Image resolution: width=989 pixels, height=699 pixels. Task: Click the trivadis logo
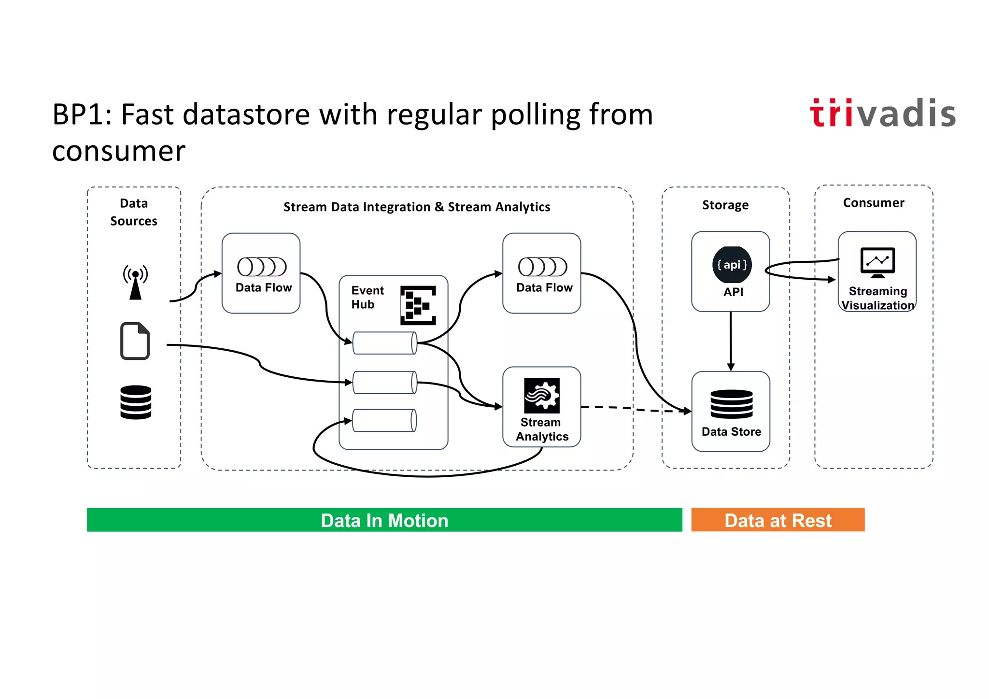coord(882,114)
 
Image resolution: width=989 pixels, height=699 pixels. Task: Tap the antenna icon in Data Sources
coord(135,282)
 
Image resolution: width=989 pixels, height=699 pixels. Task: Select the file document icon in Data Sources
coord(135,341)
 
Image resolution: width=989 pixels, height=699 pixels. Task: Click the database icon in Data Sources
coord(136,402)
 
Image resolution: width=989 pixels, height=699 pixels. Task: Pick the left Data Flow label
coord(264,287)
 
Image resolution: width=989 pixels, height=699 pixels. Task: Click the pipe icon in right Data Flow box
coord(542,266)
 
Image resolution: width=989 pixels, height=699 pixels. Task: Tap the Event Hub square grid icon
coord(418,305)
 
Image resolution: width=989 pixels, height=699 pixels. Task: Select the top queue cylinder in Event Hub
coord(385,343)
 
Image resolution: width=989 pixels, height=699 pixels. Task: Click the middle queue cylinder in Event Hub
coord(385,382)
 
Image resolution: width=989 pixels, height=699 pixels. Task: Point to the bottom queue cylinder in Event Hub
coord(385,420)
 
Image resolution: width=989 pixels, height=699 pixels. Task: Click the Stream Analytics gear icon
coord(542,395)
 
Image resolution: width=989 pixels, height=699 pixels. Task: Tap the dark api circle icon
coord(732,265)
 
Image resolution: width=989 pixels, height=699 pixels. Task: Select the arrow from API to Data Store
coord(731,341)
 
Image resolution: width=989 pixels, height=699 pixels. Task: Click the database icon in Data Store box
coord(731,404)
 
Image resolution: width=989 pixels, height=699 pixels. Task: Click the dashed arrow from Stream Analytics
coord(633,409)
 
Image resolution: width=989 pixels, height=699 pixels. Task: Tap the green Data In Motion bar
coord(384,520)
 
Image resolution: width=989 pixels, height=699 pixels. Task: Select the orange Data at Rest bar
coord(777,520)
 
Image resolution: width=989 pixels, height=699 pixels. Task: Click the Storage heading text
coord(725,205)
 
